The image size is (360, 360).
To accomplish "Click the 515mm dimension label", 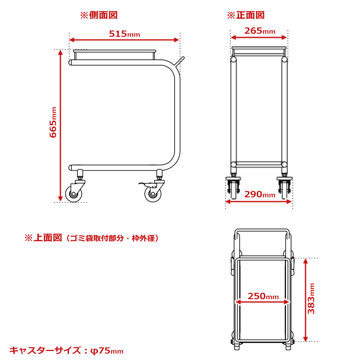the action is tap(125, 34).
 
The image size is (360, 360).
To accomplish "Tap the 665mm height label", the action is tap(53, 122).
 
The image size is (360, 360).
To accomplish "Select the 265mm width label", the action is tap(260, 31).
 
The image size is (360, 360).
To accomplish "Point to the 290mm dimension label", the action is tap(260, 194).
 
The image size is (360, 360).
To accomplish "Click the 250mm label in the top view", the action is tap(263, 296).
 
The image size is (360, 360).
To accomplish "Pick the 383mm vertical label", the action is tap(311, 298).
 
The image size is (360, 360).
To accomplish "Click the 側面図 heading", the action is tap(103, 15).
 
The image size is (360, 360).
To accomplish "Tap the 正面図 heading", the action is tap(250, 15).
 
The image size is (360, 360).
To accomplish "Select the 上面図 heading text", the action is tap(48, 238).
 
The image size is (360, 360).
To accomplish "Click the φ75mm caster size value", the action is tap(107, 351).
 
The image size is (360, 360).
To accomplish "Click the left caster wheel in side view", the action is tap(73, 194).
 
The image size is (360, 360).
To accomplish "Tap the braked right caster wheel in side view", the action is tap(153, 194).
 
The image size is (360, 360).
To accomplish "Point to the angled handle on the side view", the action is tap(179, 62).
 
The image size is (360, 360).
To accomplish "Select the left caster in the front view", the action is tap(234, 188).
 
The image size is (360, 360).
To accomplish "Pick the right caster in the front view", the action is tap(284, 188).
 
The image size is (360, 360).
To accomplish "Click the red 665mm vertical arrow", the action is tap(60, 126).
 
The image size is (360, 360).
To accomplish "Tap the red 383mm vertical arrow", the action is tap(305, 300).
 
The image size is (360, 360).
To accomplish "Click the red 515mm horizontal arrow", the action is tap(124, 40).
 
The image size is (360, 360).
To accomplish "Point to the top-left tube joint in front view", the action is tap(234, 60).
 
